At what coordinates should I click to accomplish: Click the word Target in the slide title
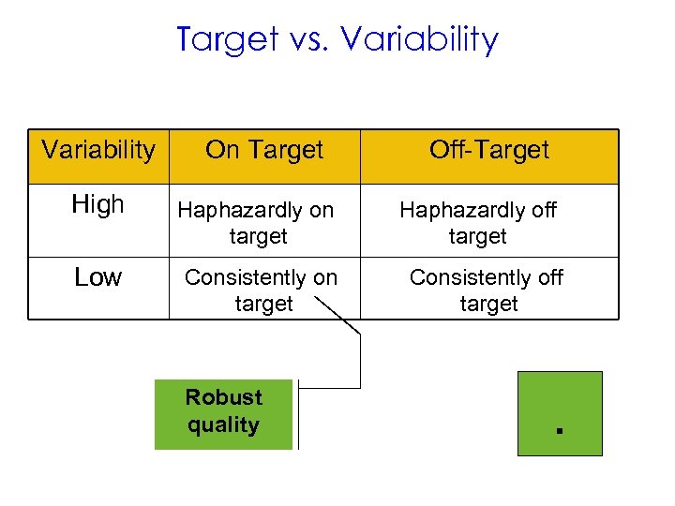click(x=228, y=39)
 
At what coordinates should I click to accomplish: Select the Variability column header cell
click(x=98, y=151)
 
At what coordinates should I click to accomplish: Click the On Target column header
click(x=264, y=151)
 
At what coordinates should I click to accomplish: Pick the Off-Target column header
click(x=488, y=151)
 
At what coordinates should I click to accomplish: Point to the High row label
click(x=98, y=205)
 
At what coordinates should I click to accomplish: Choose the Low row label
click(x=98, y=277)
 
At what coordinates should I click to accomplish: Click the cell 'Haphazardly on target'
click(x=257, y=223)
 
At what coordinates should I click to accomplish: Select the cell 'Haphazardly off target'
click(x=478, y=223)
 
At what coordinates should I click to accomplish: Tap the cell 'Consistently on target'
click(x=261, y=290)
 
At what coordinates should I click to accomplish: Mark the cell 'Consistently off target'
click(x=487, y=290)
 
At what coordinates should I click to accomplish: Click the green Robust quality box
click(x=223, y=413)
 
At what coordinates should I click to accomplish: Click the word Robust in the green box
click(x=223, y=397)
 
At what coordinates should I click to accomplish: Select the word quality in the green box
click(x=223, y=425)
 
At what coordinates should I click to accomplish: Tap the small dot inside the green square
click(x=557, y=431)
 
